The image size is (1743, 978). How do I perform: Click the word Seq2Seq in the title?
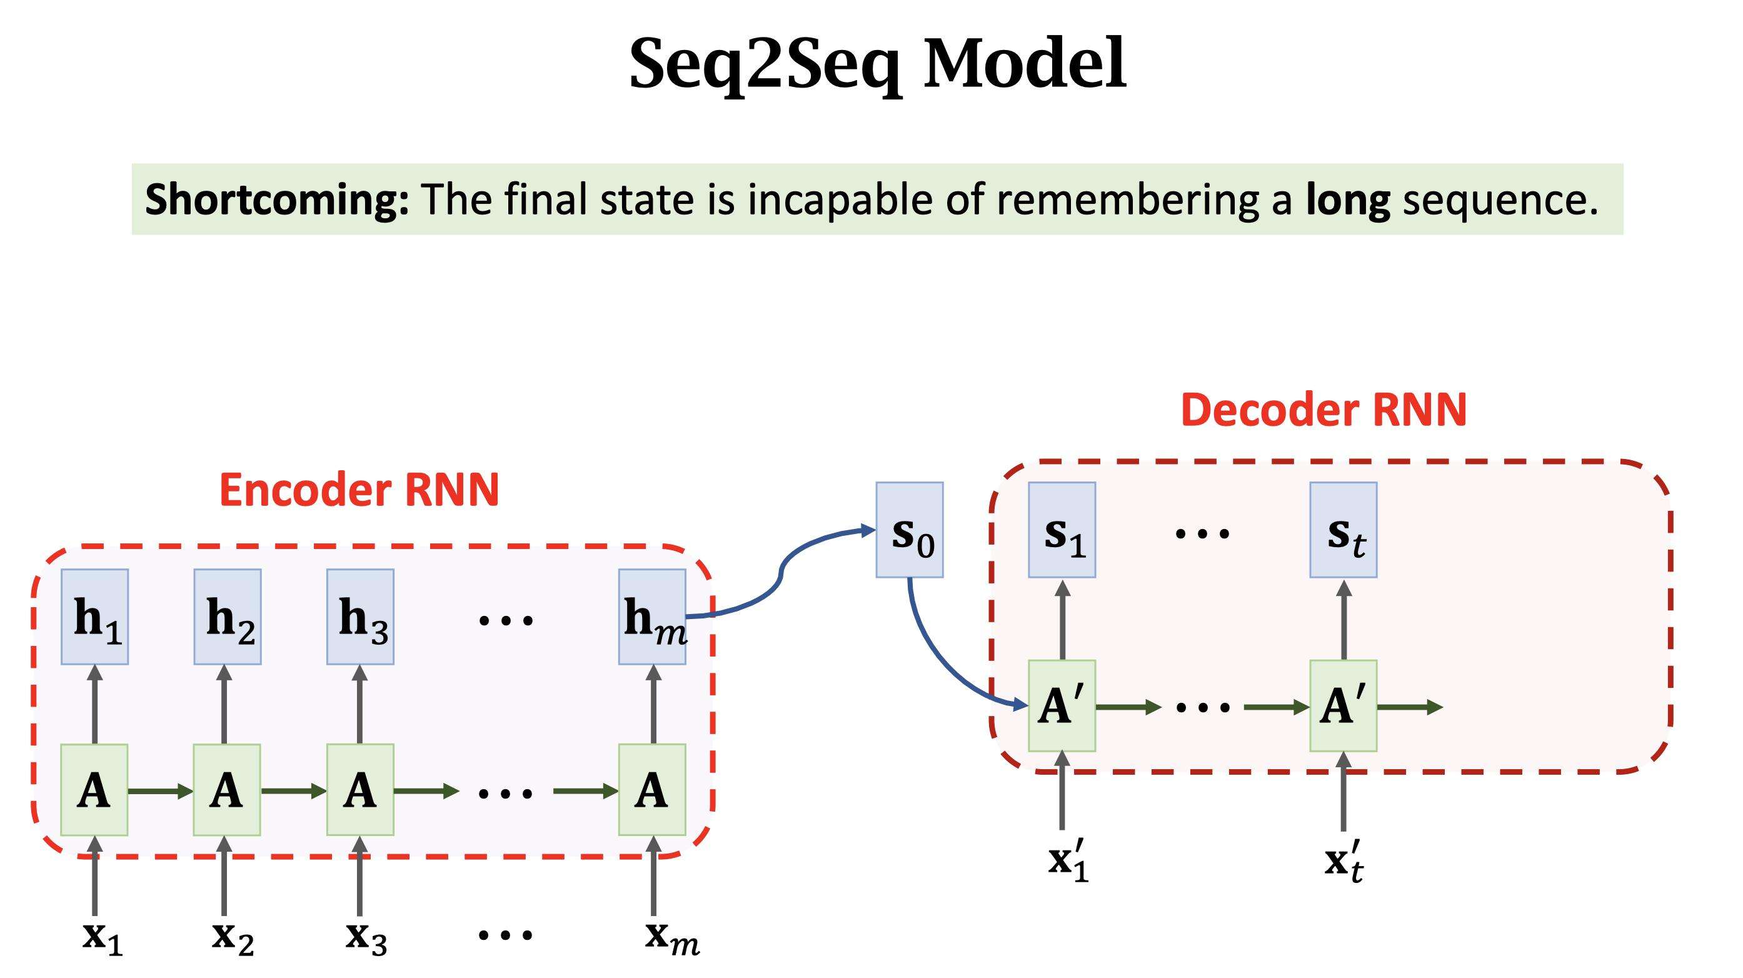pyautogui.click(x=765, y=64)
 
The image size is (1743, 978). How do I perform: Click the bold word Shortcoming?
pyautogui.click(x=277, y=199)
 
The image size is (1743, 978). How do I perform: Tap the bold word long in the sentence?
pyautogui.click(x=1347, y=199)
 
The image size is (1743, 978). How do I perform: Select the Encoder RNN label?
pyautogui.click(x=359, y=490)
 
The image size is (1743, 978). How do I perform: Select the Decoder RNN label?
pyautogui.click(x=1324, y=410)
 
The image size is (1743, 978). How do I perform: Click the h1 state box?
pyautogui.click(x=95, y=617)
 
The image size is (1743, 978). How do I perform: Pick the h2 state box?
pyautogui.click(x=228, y=617)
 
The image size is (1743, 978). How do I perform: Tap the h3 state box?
pyautogui.click(x=360, y=617)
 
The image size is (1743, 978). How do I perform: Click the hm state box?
pyautogui.click(x=652, y=617)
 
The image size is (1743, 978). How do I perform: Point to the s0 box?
pyautogui.click(x=910, y=530)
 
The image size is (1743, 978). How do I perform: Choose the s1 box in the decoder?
pyautogui.click(x=1062, y=530)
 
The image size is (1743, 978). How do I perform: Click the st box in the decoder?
pyautogui.click(x=1343, y=530)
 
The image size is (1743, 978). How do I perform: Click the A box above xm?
pyautogui.click(x=652, y=790)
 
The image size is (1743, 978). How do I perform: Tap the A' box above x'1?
pyautogui.click(x=1062, y=706)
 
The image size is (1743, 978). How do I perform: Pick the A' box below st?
pyautogui.click(x=1343, y=706)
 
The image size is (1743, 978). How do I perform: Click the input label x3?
pyautogui.click(x=365, y=937)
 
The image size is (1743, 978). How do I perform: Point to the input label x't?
pyautogui.click(x=1344, y=863)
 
